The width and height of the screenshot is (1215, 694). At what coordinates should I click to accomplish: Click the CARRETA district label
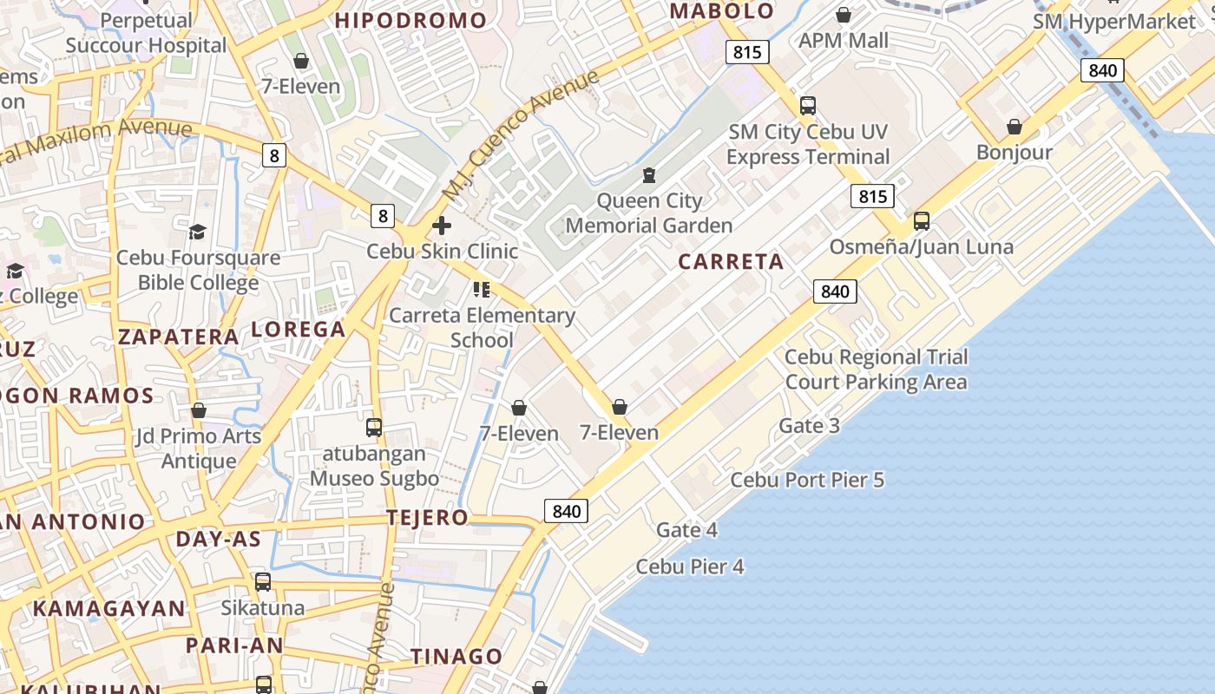[731, 261]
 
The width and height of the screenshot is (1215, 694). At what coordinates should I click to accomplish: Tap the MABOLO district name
[722, 11]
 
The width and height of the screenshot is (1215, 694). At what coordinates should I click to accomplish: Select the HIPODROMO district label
[411, 20]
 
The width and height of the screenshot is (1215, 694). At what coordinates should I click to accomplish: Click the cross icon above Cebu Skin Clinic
[442, 226]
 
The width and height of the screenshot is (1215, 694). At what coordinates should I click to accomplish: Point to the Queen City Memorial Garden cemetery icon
[648, 176]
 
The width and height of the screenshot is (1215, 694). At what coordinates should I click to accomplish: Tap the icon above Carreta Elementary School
[482, 290]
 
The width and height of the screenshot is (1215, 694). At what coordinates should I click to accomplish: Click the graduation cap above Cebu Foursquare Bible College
[198, 232]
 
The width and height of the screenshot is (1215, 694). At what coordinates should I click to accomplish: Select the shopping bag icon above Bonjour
[1014, 128]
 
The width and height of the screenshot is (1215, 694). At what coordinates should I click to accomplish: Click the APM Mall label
[844, 40]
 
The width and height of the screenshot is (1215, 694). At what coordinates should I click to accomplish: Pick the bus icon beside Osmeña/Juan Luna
[922, 221]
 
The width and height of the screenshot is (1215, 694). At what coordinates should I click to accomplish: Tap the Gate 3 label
[809, 425]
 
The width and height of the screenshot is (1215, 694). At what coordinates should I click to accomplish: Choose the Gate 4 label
[686, 529]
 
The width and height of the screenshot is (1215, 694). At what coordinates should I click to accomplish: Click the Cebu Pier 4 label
[690, 566]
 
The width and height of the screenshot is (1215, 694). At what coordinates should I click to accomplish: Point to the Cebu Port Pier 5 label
[807, 480]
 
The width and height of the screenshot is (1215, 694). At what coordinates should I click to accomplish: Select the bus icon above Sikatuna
[263, 582]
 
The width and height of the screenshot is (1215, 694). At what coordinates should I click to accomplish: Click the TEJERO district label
[427, 518]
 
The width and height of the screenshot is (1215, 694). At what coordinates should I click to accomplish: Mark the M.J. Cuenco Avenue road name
[520, 134]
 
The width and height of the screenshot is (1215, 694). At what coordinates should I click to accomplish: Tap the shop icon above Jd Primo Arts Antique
[199, 410]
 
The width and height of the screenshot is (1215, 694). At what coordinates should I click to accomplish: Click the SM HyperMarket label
[1114, 22]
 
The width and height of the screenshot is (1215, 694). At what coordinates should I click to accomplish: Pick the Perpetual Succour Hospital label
[146, 33]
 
